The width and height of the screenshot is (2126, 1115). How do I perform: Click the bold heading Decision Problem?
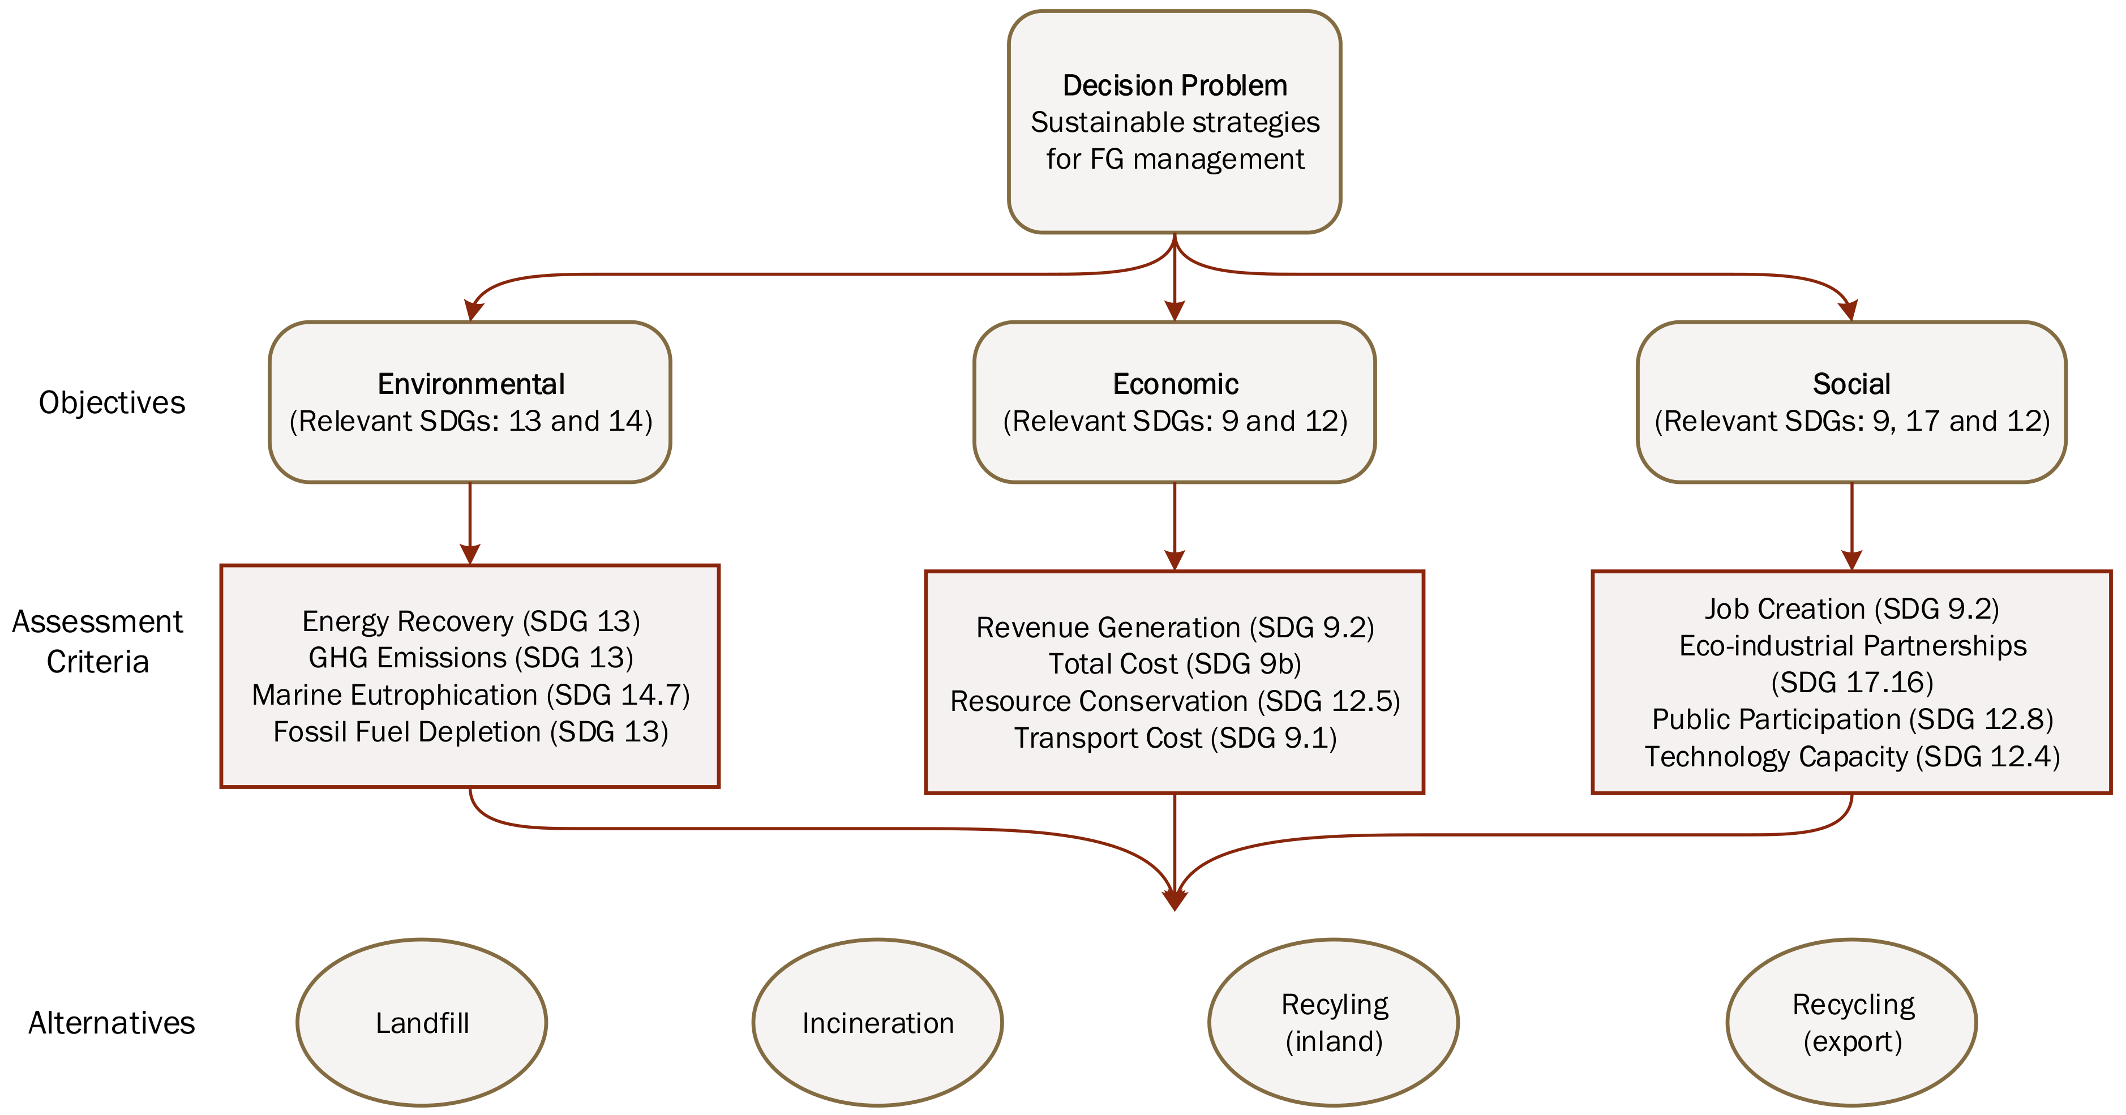(x=1175, y=86)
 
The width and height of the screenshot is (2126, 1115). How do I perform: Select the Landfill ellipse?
(x=422, y=1023)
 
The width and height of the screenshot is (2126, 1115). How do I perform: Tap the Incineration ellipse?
(x=877, y=1023)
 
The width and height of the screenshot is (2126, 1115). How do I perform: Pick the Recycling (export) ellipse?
(x=1852, y=1023)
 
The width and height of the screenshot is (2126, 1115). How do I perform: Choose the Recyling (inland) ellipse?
(x=1334, y=1023)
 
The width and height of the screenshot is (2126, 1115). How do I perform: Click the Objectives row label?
(x=112, y=403)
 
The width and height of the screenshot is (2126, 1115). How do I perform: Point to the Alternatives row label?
(x=112, y=1023)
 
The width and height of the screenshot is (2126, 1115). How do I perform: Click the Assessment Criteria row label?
(x=97, y=641)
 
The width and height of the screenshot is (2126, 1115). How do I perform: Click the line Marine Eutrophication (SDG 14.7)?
(x=470, y=695)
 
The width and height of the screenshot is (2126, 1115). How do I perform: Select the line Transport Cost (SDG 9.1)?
(x=1175, y=738)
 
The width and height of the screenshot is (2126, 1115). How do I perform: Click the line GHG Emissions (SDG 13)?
(x=470, y=658)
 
